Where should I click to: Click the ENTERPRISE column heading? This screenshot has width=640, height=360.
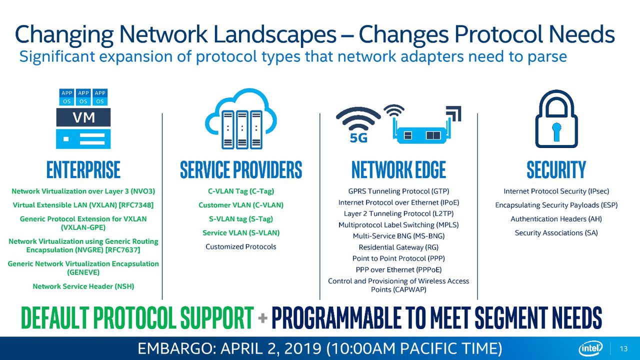tap(83, 169)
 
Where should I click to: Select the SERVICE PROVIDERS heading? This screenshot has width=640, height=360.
tap(241, 169)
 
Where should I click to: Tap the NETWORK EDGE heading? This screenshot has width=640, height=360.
tap(398, 169)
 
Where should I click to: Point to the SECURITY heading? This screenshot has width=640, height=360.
tap(556, 169)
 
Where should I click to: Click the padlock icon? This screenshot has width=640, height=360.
tap(556, 118)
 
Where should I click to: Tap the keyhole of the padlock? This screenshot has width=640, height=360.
tap(556, 131)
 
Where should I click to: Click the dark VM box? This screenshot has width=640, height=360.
tap(83, 117)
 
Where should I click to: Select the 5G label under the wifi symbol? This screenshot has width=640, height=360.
tap(358, 138)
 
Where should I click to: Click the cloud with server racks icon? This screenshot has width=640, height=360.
tap(241, 118)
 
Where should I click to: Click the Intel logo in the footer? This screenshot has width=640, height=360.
tap(590, 348)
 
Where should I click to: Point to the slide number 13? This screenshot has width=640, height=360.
tap(623, 349)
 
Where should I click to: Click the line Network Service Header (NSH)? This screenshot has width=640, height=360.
tap(83, 286)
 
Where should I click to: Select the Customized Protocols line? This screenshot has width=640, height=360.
tap(241, 246)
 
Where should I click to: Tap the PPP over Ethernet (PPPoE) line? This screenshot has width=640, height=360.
tap(398, 269)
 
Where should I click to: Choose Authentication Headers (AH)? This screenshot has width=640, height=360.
tap(556, 219)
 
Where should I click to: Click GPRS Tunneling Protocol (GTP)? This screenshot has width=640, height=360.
tap(398, 191)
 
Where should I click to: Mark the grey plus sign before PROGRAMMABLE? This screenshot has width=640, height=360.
tap(262, 318)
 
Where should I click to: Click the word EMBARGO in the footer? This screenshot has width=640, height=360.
tap(174, 348)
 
